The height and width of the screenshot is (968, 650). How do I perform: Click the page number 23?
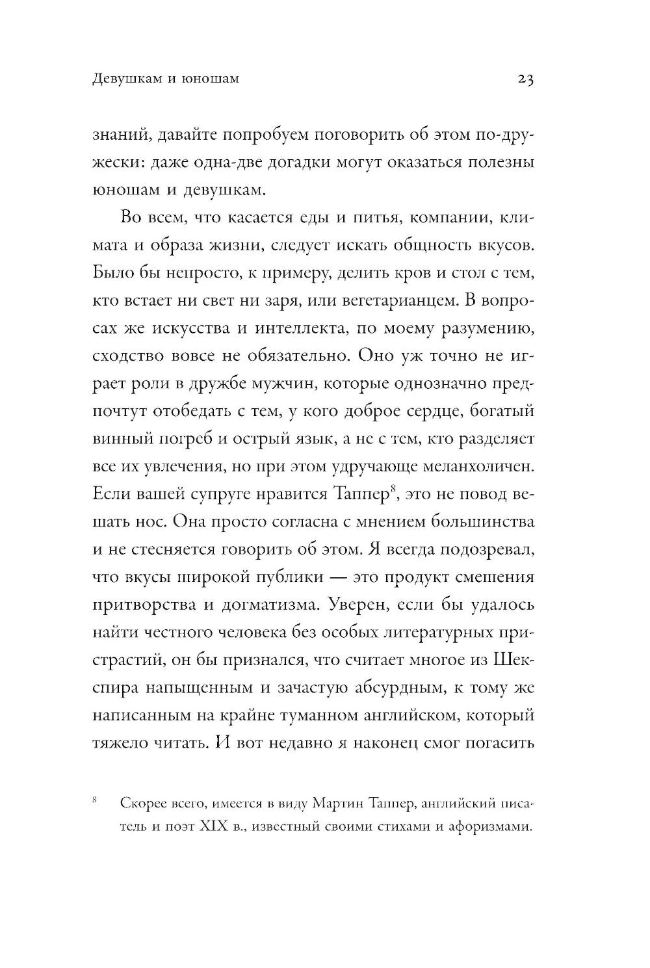click(525, 79)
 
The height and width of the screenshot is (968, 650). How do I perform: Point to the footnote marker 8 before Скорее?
click(96, 800)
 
